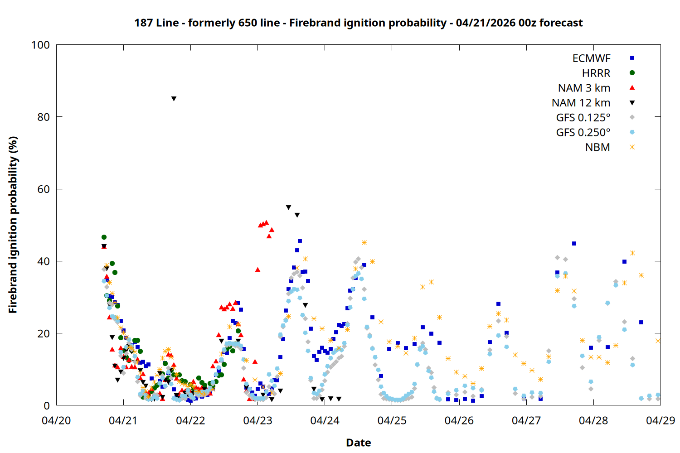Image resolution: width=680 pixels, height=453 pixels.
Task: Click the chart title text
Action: [358, 23]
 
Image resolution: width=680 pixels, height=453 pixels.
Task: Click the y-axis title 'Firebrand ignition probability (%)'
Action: [13, 225]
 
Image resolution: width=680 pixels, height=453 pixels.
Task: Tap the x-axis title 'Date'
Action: [358, 443]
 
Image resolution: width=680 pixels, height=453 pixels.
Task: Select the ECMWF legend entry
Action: [591, 58]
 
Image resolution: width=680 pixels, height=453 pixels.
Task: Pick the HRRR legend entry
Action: [596, 73]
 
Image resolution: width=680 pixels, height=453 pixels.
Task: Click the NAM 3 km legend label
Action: [584, 88]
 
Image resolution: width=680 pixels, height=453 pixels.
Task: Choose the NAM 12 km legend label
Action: [581, 103]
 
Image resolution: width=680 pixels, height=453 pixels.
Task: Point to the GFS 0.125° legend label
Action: [583, 118]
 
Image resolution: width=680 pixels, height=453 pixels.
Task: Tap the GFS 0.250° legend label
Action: [583, 133]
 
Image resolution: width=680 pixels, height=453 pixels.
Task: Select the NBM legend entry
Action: [597, 147]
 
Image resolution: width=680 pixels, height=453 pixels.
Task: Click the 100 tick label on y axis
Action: [40, 45]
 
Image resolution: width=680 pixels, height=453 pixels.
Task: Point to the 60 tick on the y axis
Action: [44, 189]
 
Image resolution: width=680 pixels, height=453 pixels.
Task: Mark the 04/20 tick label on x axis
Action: [56, 420]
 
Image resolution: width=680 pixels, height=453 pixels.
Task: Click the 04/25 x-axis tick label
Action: [392, 420]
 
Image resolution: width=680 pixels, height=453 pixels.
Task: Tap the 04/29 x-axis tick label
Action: [660, 420]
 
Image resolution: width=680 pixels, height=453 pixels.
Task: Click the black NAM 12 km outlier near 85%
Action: [174, 99]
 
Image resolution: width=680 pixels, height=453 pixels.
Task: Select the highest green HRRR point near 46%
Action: [104, 237]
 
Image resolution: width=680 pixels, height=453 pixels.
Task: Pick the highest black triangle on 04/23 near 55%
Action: [288, 207]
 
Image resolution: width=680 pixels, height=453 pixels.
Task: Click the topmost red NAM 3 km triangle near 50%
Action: [266, 222]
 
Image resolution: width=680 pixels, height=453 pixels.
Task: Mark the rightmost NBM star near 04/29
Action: [658, 341]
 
